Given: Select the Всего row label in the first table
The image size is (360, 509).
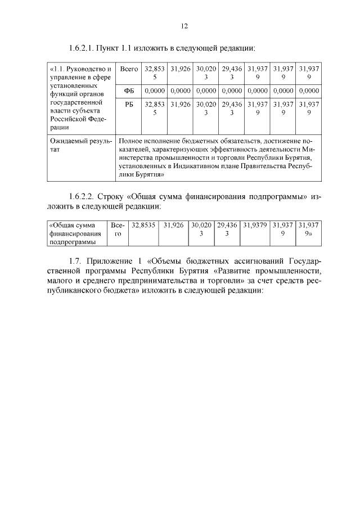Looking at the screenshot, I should (x=129, y=69).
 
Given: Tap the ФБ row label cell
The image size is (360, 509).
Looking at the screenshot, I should (x=129, y=91).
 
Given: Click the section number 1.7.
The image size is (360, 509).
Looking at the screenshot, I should (x=75, y=262).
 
